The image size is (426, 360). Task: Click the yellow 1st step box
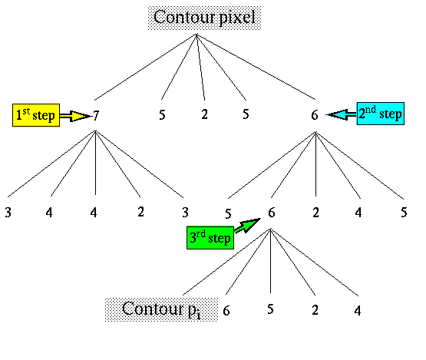36,115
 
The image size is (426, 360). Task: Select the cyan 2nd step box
381,114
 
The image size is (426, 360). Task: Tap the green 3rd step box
210,238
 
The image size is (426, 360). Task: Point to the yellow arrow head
80,116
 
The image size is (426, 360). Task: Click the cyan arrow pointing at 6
342,114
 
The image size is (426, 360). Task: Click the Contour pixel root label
205,18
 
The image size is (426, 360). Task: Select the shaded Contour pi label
161,309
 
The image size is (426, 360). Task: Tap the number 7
96,116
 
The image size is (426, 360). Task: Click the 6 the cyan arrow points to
315,115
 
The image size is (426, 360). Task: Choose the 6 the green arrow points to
272,213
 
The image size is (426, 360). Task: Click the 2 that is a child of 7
140,212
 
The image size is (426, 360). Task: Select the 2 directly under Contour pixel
205,114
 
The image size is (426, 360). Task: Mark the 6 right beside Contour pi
226,311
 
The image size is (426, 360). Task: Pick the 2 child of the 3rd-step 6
315,310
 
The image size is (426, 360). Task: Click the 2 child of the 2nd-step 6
315,213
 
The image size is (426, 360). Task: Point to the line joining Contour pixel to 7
146,67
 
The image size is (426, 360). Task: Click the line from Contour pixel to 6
256,67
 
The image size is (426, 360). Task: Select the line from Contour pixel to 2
201,67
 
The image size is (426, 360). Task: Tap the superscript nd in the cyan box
371,109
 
